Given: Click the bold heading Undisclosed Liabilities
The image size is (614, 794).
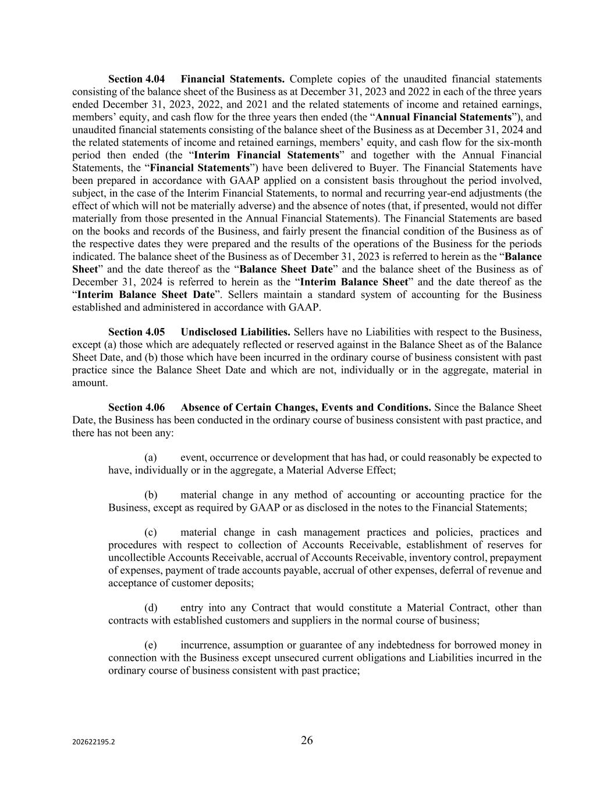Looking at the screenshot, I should click(235, 332).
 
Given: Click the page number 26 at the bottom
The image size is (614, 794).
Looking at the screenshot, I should click(307, 740).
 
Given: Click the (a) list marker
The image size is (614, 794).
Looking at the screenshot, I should click(150, 458).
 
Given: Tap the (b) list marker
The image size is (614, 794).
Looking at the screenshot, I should click(151, 496).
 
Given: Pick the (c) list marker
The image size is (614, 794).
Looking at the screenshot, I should click(150, 533).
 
